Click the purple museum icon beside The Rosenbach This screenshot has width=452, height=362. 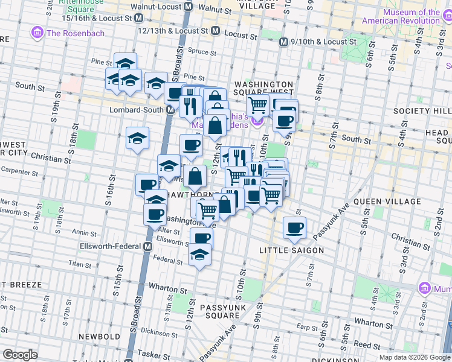(37, 33)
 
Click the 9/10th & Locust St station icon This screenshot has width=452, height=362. (283, 42)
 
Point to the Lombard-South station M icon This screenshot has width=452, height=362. (171, 110)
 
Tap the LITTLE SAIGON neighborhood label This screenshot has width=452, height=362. (291, 250)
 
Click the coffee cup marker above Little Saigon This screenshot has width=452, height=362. (294, 227)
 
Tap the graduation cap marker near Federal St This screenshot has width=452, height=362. (199, 256)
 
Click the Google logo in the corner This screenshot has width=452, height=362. (20, 355)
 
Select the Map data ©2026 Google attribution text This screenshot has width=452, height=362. (415, 357)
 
